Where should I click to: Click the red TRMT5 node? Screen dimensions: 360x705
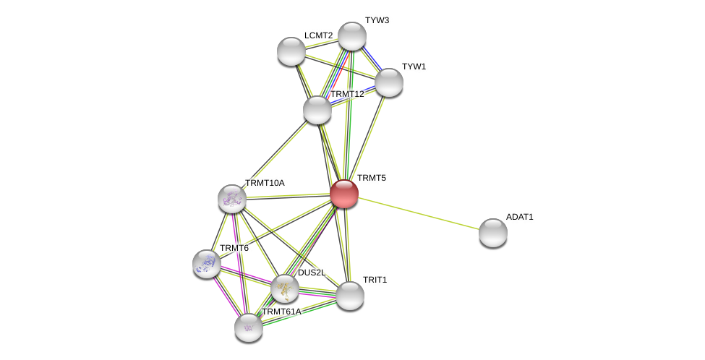344,194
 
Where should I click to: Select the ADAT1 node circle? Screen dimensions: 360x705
493,233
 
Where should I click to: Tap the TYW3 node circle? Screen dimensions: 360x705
352,36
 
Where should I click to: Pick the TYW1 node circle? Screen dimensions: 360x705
389,82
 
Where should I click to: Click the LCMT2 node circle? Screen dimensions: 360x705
291,51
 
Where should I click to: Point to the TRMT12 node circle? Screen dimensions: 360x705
317,110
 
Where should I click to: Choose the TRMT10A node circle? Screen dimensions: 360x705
232,199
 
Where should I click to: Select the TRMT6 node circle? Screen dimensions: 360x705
207,264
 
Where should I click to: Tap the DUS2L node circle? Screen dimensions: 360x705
285,288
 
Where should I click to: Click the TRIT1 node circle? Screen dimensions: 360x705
350,296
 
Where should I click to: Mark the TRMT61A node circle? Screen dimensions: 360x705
249,327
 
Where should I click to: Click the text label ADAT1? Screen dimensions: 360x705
519,217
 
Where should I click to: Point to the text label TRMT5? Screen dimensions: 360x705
372,178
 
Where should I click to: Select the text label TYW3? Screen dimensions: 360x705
377,20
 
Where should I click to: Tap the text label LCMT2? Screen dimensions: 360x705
318,35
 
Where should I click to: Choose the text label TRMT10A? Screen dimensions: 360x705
265,183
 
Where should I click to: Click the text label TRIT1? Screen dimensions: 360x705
375,280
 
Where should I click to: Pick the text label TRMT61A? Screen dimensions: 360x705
281,312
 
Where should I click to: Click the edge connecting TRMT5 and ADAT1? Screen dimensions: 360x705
419,213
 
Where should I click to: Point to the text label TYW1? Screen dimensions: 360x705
414,67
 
